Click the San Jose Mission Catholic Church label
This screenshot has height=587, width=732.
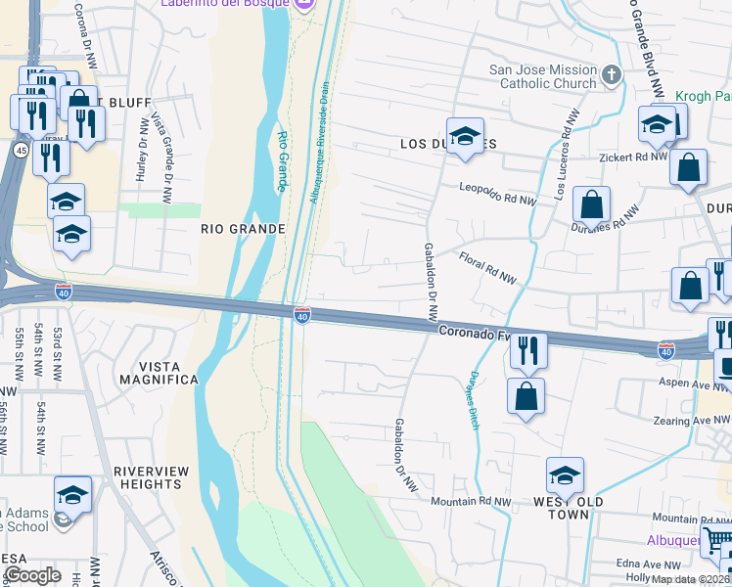543,76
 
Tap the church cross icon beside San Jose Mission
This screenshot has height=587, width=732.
612,74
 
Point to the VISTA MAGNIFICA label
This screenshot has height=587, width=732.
159,379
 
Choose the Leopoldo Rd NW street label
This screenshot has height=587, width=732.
499,193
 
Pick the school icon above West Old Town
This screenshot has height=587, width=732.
565,475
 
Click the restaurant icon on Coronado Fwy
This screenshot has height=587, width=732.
527,349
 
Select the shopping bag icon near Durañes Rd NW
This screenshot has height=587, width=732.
591,205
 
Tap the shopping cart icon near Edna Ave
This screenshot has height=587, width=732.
719,541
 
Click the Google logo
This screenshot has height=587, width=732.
31,575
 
